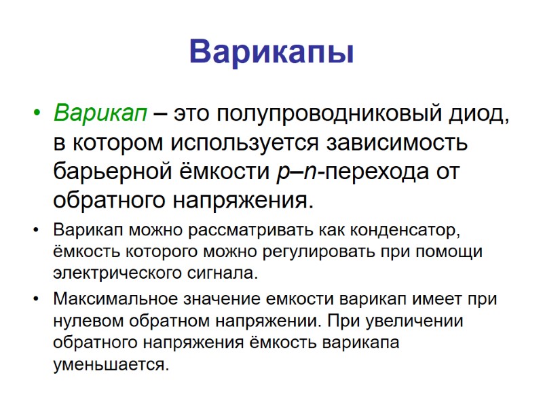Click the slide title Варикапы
point(271,52)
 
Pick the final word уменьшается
point(109,365)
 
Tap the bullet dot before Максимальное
point(36,299)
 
